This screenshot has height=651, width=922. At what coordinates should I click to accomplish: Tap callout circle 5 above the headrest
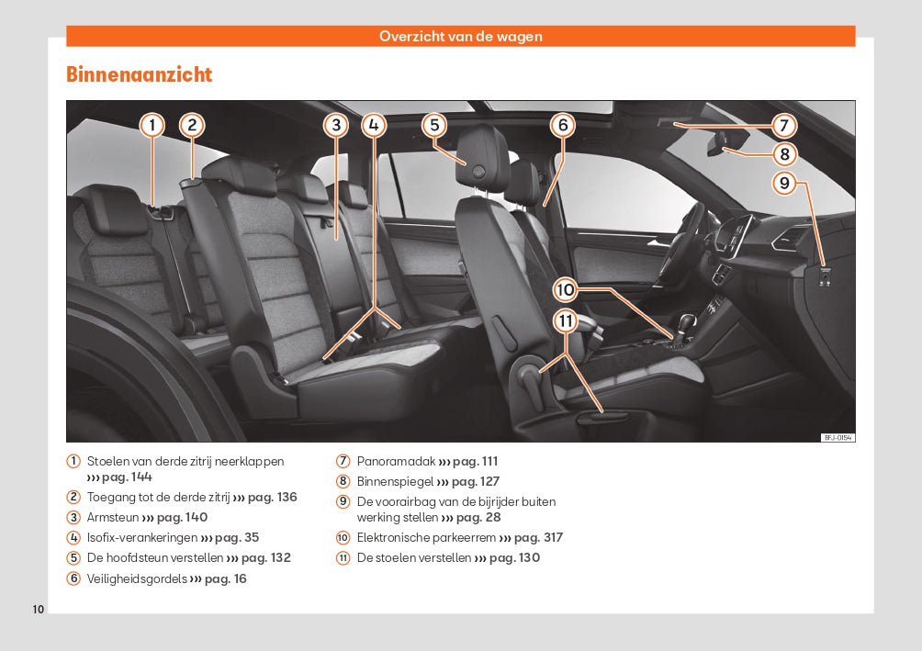(x=434, y=126)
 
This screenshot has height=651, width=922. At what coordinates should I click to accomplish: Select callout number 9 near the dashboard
(x=783, y=184)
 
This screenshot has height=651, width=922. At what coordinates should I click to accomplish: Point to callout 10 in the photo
(x=565, y=290)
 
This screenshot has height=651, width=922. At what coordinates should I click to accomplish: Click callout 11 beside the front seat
(x=565, y=321)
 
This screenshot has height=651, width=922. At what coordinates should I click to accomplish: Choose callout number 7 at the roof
(x=783, y=126)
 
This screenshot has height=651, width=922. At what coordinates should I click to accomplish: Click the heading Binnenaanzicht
(x=139, y=75)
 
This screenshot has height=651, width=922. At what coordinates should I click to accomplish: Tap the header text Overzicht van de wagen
(x=461, y=37)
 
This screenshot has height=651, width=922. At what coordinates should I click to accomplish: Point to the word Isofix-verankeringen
(x=141, y=538)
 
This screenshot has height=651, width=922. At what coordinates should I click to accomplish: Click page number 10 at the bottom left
(x=38, y=610)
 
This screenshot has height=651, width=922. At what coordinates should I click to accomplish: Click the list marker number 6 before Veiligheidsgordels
(x=73, y=579)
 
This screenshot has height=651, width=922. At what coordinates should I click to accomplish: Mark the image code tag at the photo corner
(x=837, y=437)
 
